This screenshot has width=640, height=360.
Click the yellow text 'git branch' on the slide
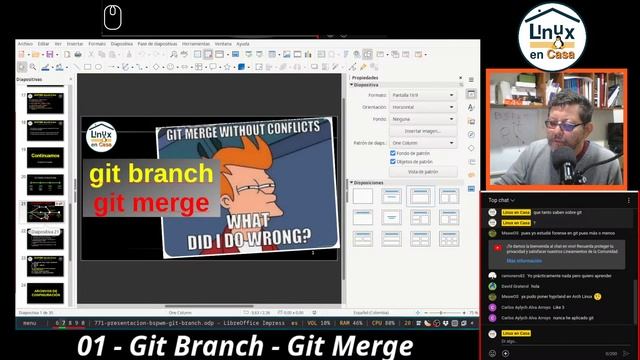click(x=151, y=175)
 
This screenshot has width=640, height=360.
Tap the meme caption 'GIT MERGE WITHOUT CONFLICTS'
click(x=248, y=130)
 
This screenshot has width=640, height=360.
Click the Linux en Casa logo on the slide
click(x=102, y=138)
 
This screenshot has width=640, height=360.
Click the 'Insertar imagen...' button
click(x=423, y=131)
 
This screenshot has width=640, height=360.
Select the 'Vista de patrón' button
click(x=423, y=171)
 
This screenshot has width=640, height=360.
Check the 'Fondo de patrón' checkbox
click(x=393, y=152)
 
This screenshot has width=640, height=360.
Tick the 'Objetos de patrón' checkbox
click(x=393, y=161)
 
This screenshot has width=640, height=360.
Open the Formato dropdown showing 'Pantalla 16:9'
click(x=423, y=94)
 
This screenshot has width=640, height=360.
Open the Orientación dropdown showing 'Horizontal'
click(x=423, y=106)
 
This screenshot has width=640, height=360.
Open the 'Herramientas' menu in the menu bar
click(x=196, y=44)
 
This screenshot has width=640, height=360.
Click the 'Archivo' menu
click(x=27, y=44)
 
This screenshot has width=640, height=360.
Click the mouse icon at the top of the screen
click(x=112, y=16)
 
